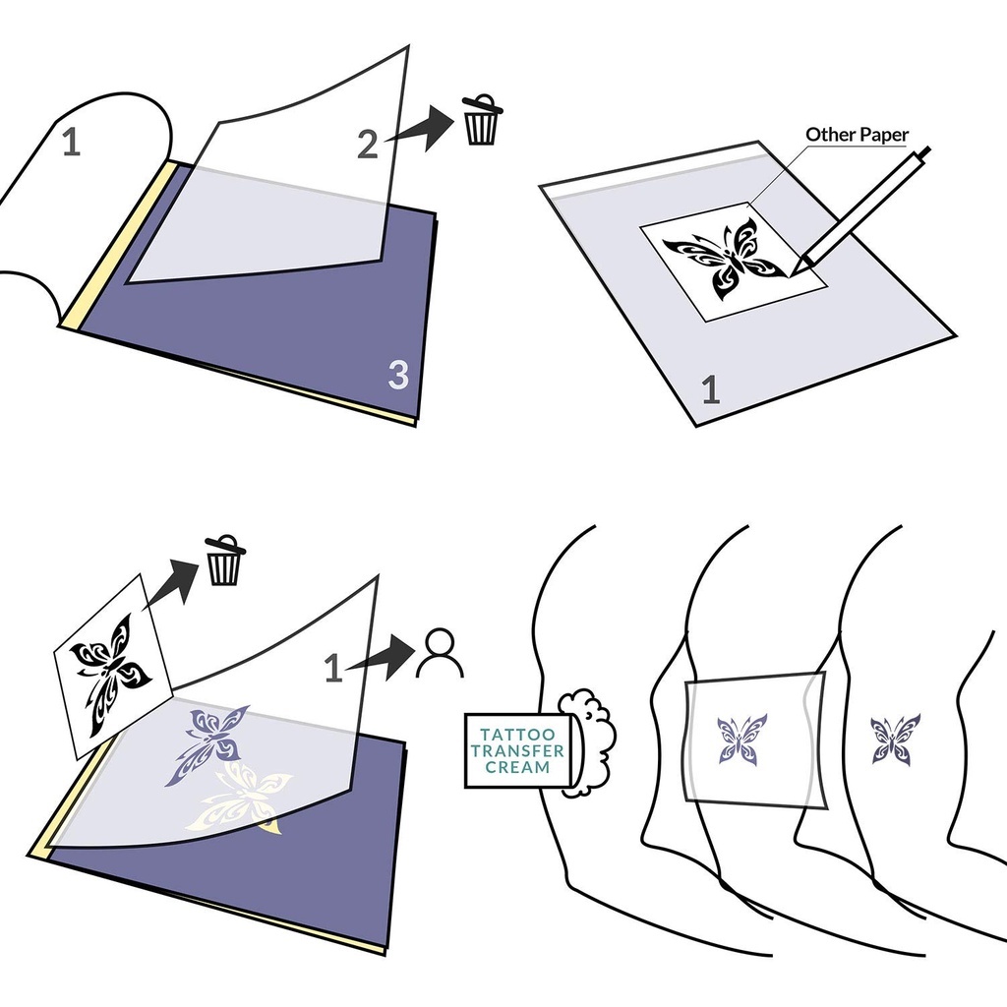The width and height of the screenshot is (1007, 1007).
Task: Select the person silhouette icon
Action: click(x=440, y=653)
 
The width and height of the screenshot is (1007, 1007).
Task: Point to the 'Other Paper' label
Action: click(x=857, y=135)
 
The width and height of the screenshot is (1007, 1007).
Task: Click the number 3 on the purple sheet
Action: click(x=398, y=375)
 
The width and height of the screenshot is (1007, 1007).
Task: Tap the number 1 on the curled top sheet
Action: click(x=71, y=142)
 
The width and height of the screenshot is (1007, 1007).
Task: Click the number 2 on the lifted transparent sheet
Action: click(x=368, y=145)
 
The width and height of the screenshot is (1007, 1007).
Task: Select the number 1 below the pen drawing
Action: click(x=710, y=389)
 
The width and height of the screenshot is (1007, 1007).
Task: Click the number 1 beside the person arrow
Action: click(x=332, y=668)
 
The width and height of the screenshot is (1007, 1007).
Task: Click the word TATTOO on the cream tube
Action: click(x=517, y=735)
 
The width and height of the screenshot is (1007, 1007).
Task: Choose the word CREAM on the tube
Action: click(x=517, y=767)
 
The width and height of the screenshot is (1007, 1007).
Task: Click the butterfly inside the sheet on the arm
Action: click(x=741, y=740)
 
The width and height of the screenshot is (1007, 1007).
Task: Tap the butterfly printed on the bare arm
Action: click(x=895, y=739)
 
